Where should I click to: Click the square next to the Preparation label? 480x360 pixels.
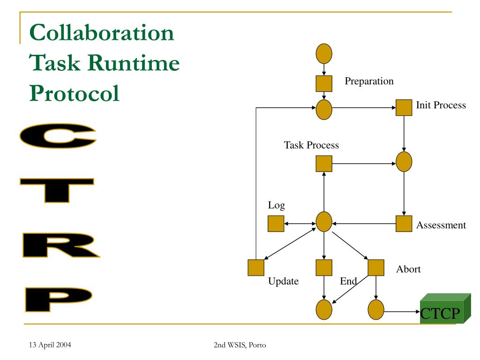click(x=324, y=83)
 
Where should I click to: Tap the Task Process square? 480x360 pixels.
click(x=324, y=164)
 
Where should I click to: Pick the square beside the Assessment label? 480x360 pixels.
click(x=404, y=224)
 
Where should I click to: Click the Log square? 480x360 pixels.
click(x=276, y=224)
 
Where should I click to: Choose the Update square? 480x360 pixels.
click(x=256, y=268)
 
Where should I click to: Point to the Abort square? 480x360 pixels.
click(x=376, y=268)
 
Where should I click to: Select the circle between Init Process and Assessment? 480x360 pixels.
click(x=404, y=162)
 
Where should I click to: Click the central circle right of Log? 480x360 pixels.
click(x=324, y=222)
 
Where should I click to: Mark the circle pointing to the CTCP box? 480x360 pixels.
click(x=376, y=310)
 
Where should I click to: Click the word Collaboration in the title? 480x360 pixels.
click(x=101, y=34)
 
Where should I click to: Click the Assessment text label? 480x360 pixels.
click(x=441, y=225)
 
